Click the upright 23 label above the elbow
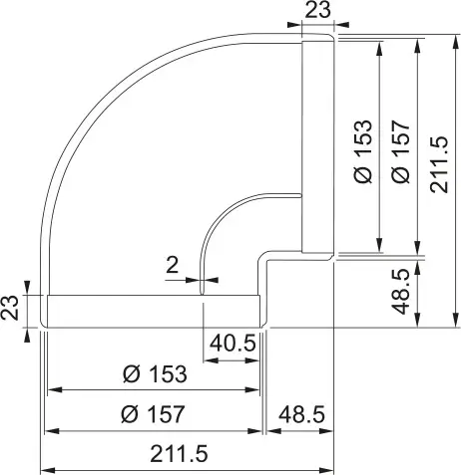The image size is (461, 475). (x=317, y=10)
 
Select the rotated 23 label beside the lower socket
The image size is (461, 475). (x=9, y=308)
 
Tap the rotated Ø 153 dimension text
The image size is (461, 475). (x=363, y=151)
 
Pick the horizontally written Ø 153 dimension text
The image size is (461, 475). (x=155, y=374)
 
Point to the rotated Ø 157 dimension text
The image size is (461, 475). (x=400, y=151)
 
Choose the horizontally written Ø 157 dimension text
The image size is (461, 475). (x=153, y=414)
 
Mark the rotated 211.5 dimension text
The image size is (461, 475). (x=439, y=164)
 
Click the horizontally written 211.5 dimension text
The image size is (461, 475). (x=179, y=454)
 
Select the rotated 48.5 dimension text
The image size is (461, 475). (x=401, y=292)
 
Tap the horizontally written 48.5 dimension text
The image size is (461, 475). (x=301, y=414)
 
